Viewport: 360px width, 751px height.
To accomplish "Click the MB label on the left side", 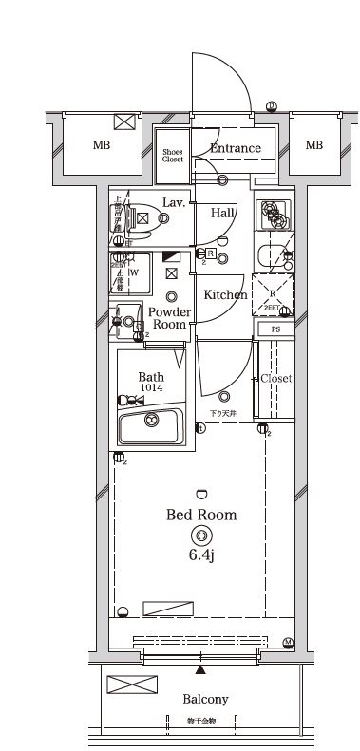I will coord(101,145).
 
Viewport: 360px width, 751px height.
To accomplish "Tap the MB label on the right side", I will coord(314,145).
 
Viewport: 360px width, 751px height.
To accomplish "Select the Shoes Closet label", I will coord(172,156).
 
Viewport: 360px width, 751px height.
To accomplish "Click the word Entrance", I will coord(235,148).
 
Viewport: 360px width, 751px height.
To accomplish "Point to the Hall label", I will coord(223,213).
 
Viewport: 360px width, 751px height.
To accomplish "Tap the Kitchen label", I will coord(226,294).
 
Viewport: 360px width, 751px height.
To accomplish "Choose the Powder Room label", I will coord(170,318).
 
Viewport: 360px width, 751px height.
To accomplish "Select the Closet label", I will coord(276,378).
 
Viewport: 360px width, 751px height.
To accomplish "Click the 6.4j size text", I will coord(201,554).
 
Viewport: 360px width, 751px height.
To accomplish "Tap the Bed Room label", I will coord(201,516).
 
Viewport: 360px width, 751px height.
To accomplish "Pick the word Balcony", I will coord(205,700).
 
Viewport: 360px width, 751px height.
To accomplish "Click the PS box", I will coord(276,329).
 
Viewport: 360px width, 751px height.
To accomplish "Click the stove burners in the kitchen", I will coord(276,215).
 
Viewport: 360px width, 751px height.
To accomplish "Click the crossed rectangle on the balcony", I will coord(124,684).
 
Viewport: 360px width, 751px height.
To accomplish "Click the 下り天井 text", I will coord(223,413).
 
